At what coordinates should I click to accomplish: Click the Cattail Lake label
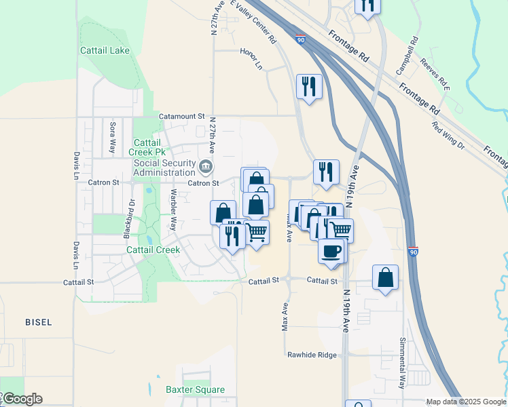click(x=105, y=51)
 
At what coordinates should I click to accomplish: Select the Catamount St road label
click(x=181, y=117)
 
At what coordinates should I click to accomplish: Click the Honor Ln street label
click(x=251, y=59)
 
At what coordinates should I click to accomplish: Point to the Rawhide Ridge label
click(x=312, y=354)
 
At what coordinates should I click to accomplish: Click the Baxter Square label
click(x=195, y=389)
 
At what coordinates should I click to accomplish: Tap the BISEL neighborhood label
click(x=37, y=322)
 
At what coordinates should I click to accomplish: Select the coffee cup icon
click(x=331, y=250)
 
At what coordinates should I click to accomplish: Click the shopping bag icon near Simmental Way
click(x=385, y=277)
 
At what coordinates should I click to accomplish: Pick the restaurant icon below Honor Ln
click(x=309, y=86)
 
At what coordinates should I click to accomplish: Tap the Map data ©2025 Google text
click(x=465, y=402)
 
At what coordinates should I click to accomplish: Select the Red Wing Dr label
click(x=448, y=135)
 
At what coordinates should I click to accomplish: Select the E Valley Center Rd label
click(x=254, y=22)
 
